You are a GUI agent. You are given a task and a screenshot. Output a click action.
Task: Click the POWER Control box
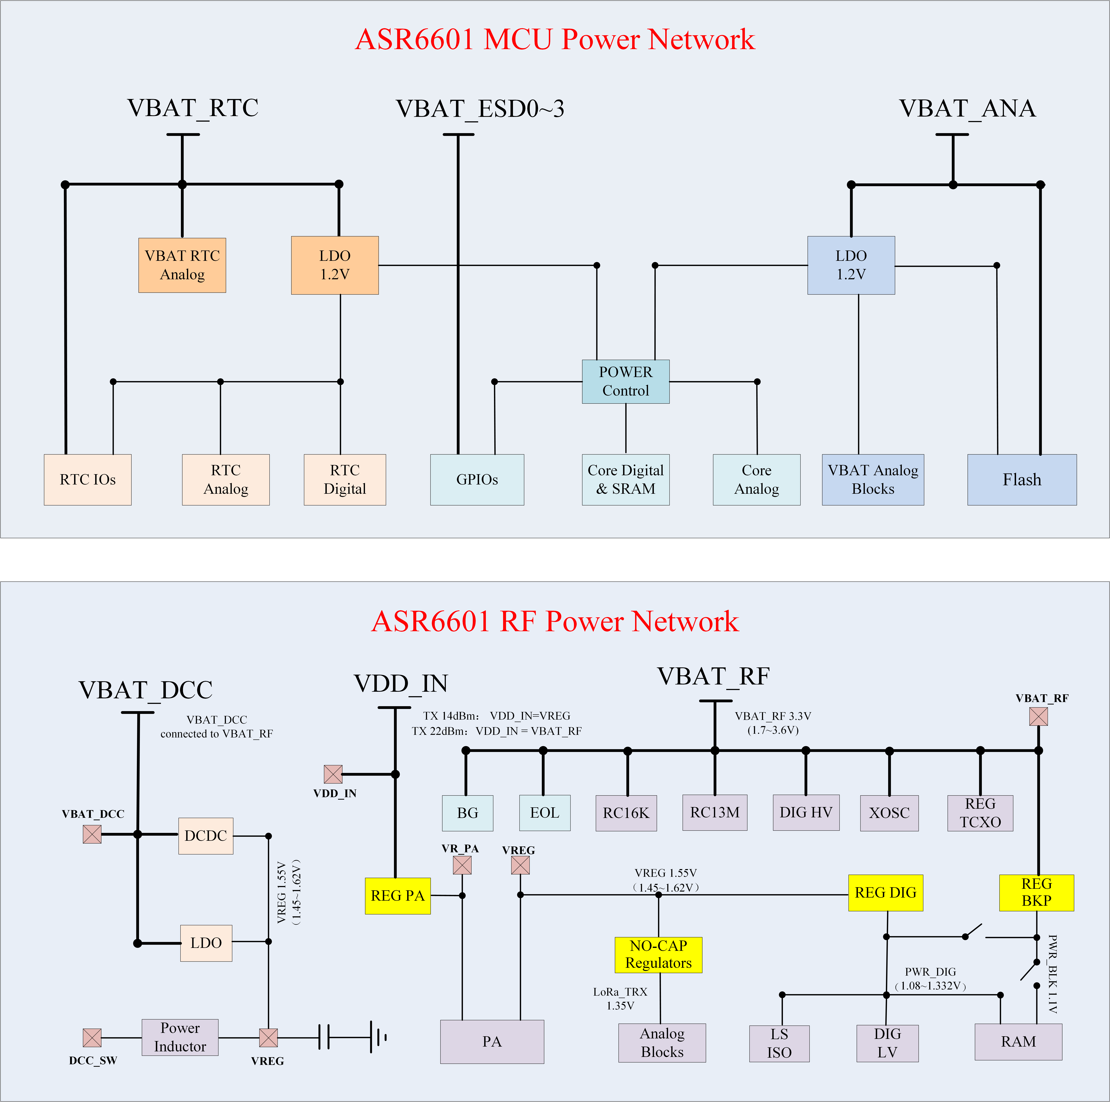(626, 381)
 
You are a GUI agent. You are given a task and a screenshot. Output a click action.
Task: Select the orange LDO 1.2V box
(335, 265)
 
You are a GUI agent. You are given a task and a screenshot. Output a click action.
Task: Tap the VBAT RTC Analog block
(182, 265)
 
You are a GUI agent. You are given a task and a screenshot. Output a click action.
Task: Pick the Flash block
(1022, 480)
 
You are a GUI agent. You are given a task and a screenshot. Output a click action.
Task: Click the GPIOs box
(477, 480)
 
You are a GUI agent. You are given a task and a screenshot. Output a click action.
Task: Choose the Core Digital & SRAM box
(626, 480)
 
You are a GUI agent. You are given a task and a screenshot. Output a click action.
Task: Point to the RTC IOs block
(88, 480)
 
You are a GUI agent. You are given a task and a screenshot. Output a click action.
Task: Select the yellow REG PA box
(398, 896)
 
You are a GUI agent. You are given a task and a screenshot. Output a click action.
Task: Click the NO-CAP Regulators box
(658, 954)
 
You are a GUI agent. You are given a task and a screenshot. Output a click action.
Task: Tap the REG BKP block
(1036, 892)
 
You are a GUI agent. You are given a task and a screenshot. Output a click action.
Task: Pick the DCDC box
(206, 836)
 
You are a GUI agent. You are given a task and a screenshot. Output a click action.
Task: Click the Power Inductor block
(180, 1037)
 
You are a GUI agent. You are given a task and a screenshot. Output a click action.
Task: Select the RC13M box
(715, 813)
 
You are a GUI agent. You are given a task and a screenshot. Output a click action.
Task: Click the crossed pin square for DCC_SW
(92, 1038)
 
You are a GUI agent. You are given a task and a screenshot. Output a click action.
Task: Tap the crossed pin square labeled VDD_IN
(333, 774)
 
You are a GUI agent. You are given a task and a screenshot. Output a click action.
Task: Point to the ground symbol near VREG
(378, 1037)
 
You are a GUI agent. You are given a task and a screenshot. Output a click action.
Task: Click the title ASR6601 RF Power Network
(555, 621)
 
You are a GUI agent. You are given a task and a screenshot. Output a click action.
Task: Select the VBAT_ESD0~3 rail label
(480, 109)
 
